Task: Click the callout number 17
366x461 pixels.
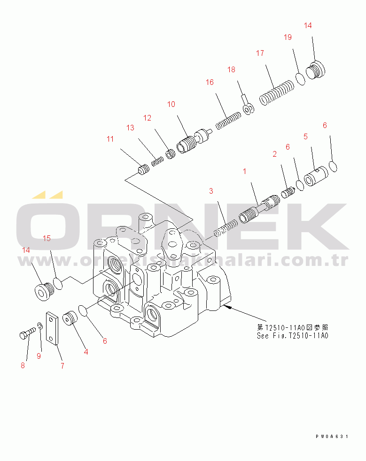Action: coord(260,53)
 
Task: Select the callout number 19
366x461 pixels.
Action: coord(288,37)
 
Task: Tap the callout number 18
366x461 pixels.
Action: coord(231,69)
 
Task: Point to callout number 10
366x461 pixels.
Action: coord(171,104)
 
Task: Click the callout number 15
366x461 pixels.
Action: coord(47,238)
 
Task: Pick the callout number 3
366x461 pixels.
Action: coord(211,191)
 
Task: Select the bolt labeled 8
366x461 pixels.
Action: coord(27,333)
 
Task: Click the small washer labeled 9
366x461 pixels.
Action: coord(40,326)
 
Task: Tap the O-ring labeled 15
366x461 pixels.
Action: coord(58,283)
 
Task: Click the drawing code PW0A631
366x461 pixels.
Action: coord(332,436)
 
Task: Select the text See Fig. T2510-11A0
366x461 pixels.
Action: coord(292,335)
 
